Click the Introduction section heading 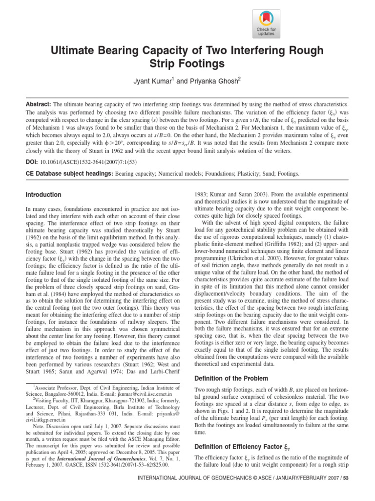point(43,195)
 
